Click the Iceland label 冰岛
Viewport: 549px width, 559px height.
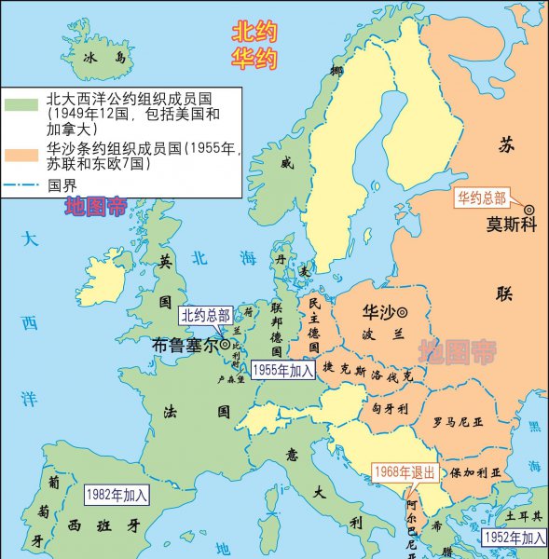[x=103, y=58]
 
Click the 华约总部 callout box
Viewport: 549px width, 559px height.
[x=481, y=198]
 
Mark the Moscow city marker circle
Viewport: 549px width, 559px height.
[x=528, y=210]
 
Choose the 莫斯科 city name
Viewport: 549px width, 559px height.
[x=512, y=225]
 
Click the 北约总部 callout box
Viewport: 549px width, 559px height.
[x=205, y=316]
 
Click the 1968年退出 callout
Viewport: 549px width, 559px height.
[x=404, y=472]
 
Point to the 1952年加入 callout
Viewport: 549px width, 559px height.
[x=514, y=538]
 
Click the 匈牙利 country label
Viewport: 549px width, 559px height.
[x=384, y=408]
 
